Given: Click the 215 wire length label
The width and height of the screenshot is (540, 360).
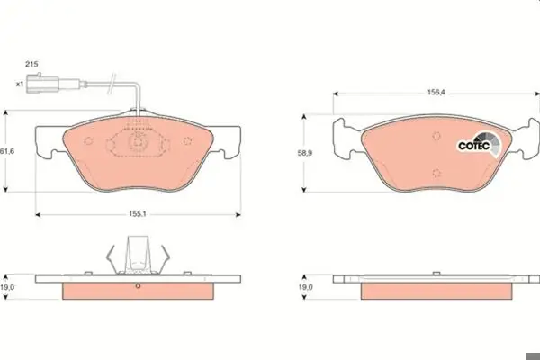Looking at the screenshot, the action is click(31, 64).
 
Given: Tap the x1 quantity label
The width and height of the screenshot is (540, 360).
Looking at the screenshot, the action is click(20, 84).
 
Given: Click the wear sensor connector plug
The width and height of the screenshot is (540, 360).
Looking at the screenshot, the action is click(43, 84).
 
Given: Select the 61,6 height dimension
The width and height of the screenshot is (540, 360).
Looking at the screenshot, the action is click(7, 151).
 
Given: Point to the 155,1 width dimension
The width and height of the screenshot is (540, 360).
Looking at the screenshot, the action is click(138, 214).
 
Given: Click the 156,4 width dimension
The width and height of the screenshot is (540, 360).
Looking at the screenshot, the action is click(436, 93).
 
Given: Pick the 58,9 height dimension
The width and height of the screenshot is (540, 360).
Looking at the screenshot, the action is click(305, 153).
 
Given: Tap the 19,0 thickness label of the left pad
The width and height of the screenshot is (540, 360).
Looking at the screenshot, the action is click(7, 287).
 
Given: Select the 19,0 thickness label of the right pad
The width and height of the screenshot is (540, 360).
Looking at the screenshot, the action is click(305, 287).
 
